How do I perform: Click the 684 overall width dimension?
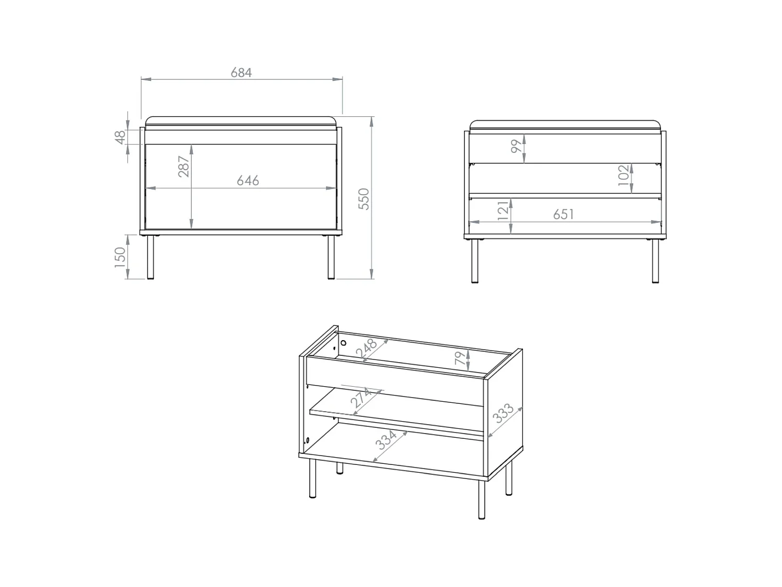241,73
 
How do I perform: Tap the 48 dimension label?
120,137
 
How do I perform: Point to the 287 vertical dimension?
184,166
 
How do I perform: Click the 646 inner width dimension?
248,181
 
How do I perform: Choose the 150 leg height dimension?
120,257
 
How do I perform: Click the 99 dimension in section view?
517,146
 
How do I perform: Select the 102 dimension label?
624,175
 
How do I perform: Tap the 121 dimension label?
503,211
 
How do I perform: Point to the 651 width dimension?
563,214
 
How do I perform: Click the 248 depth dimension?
366,349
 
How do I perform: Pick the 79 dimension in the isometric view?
459,358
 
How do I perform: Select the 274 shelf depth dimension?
361,398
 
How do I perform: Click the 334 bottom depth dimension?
386,440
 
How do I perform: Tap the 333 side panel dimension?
503,413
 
